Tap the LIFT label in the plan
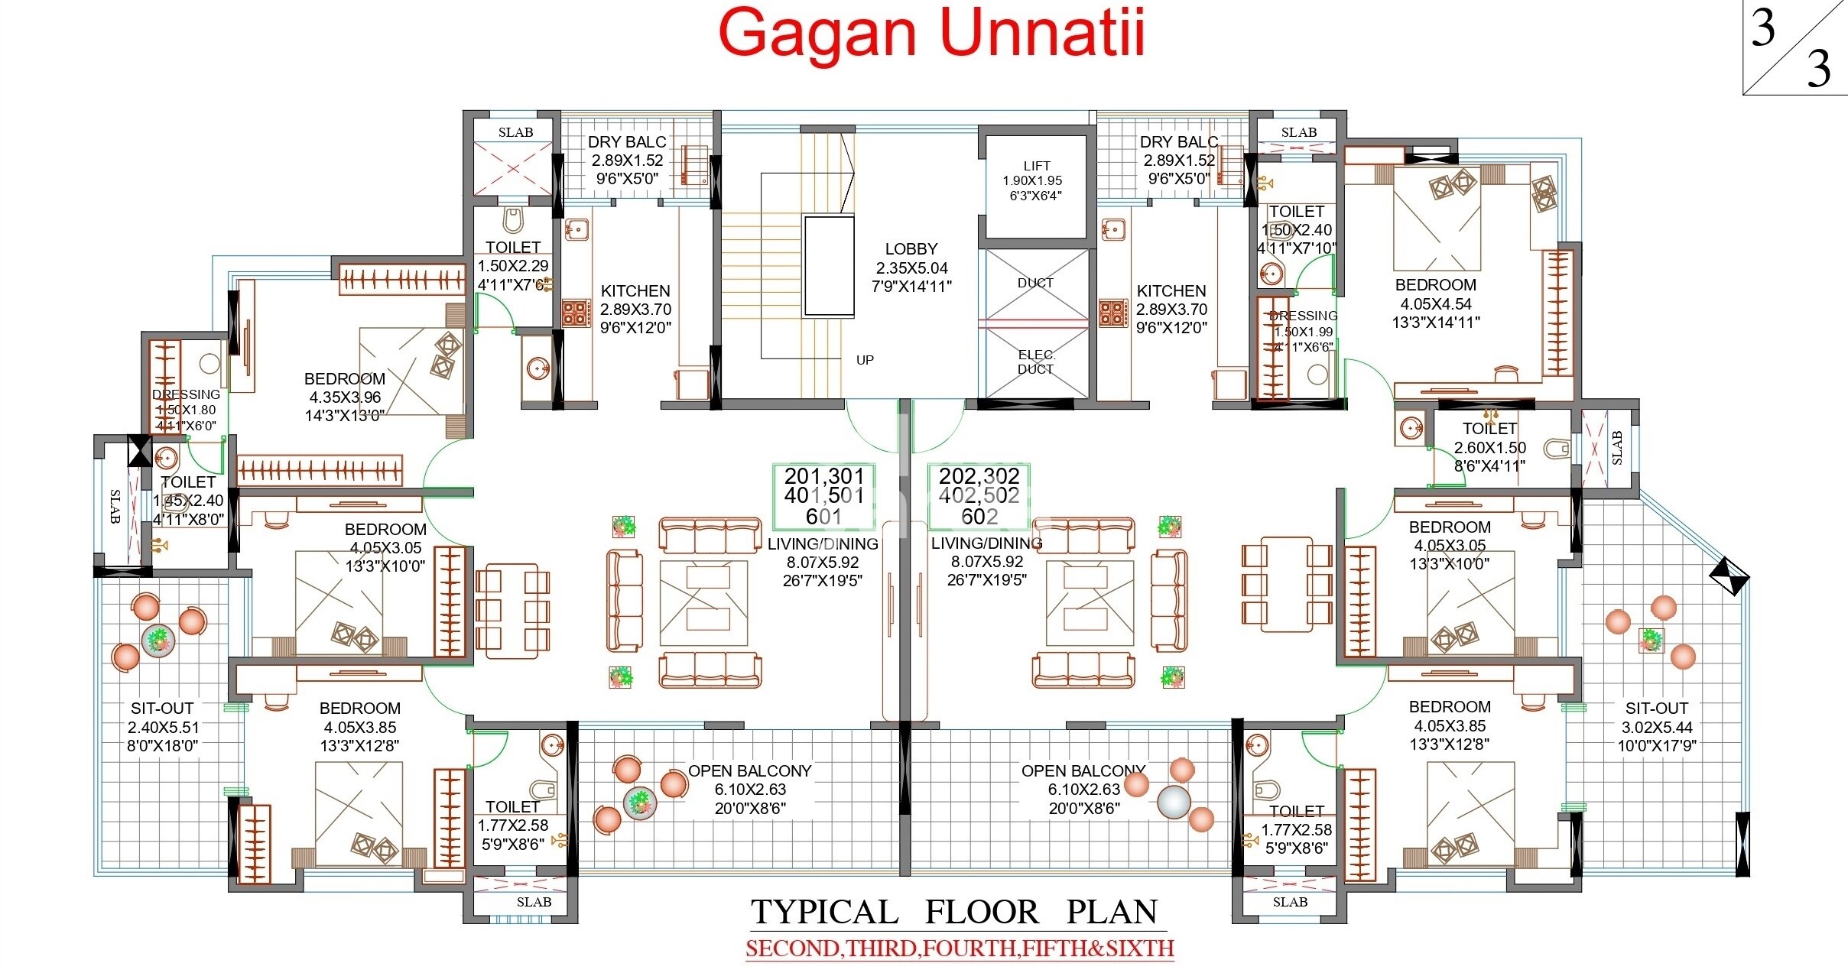[x=1036, y=180]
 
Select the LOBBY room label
[x=911, y=268]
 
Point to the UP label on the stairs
[x=865, y=360]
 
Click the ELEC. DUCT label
[x=1036, y=362]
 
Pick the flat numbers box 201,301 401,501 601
[x=824, y=496]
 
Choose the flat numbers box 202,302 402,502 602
[x=979, y=496]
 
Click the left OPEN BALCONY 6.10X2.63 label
[x=750, y=789]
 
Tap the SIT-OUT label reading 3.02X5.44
[x=1657, y=727]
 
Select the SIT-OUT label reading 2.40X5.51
[x=162, y=727]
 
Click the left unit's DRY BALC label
[x=627, y=161]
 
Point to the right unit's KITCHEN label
[x=1171, y=309]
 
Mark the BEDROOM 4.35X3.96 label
[x=345, y=397]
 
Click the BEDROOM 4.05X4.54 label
[x=1436, y=303]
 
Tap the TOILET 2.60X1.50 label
[x=1489, y=447]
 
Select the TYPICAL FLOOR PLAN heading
[x=954, y=912]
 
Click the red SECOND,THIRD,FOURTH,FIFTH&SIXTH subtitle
[x=960, y=949]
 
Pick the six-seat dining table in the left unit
[x=512, y=611]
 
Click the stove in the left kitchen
[x=576, y=313]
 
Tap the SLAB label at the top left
[x=515, y=132]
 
